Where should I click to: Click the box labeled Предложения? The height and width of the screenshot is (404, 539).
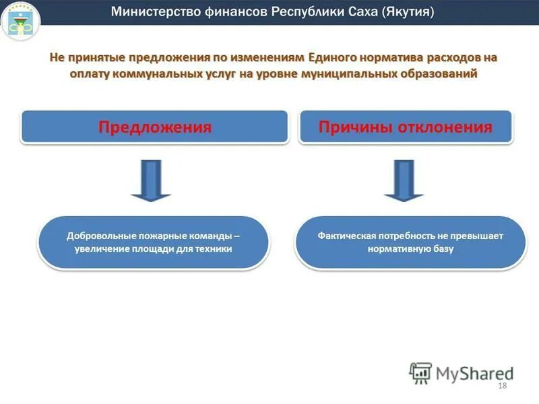pos(155,127)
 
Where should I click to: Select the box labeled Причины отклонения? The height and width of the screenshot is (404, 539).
pos(406,127)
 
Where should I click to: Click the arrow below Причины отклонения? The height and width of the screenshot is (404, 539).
pos(404,180)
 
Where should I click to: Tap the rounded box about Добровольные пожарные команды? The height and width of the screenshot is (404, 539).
pos(154,242)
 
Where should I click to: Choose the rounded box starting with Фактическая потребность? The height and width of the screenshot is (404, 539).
pos(410,242)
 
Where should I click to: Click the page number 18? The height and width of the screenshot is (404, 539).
pos(501,385)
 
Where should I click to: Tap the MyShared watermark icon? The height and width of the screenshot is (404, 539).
pos(420,373)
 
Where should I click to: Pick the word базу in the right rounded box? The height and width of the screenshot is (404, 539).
pos(441,248)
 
